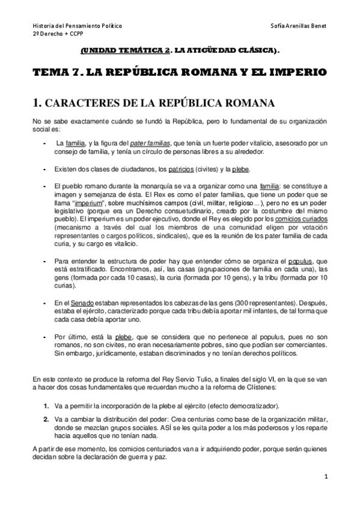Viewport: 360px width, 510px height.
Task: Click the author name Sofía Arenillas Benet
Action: click(299, 27)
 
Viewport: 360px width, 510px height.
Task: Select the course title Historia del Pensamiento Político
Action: click(78, 27)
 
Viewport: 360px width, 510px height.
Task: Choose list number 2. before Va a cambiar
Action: click(46, 418)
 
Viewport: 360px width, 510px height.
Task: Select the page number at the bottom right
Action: click(325, 477)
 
